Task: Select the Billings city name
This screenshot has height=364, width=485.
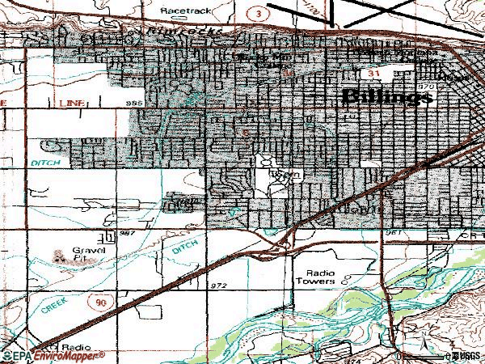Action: tap(388, 96)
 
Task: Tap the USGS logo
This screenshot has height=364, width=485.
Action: tap(464, 356)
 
